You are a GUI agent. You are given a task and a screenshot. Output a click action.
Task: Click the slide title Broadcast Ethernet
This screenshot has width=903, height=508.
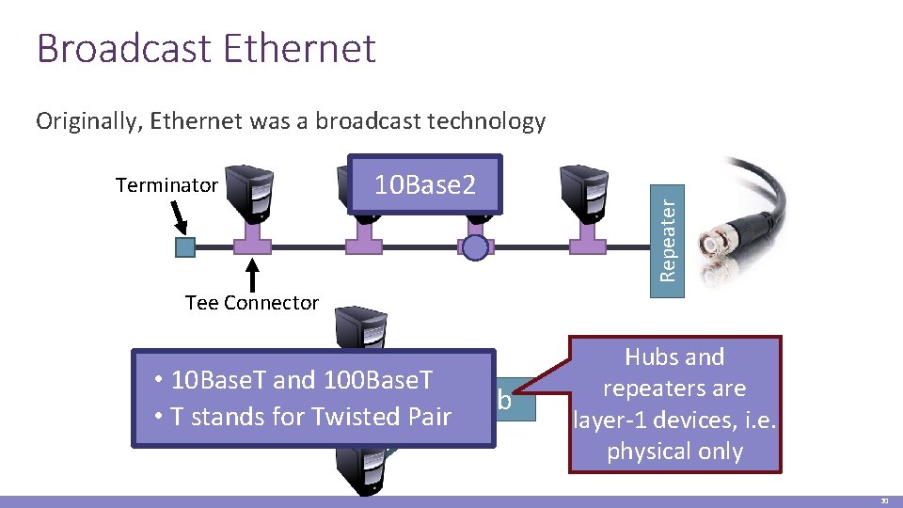click(206, 49)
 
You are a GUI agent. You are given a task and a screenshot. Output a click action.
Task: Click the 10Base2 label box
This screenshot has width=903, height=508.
click(425, 185)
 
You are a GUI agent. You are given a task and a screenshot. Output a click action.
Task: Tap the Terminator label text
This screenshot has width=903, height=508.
click(166, 185)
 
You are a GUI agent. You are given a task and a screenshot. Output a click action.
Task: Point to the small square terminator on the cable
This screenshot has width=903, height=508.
click(185, 247)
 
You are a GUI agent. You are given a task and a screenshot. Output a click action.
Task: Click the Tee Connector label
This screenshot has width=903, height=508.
click(252, 303)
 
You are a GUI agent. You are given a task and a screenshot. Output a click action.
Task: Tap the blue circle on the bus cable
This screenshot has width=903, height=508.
click(476, 247)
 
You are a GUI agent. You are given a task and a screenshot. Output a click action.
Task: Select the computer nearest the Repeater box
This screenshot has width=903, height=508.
click(584, 194)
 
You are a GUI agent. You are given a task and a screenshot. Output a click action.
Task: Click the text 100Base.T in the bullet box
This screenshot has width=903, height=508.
click(378, 380)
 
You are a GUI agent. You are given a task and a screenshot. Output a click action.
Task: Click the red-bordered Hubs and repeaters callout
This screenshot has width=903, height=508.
click(675, 404)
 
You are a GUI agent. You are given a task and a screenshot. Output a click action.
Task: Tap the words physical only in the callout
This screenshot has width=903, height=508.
click(675, 452)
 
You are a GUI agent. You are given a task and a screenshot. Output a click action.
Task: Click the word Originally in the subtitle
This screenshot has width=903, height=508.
click(90, 121)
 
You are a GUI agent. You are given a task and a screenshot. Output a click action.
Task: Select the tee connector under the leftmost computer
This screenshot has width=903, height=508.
click(252, 243)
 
